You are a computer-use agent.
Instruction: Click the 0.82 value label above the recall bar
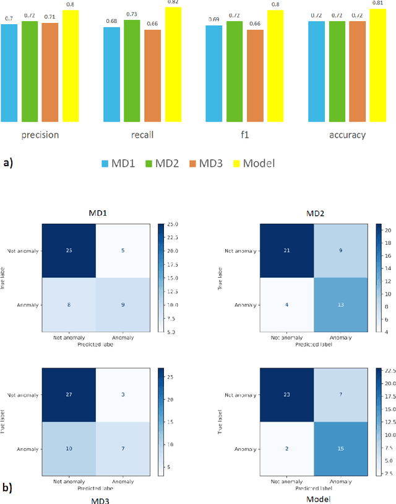173,3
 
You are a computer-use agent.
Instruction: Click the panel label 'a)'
9,162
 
